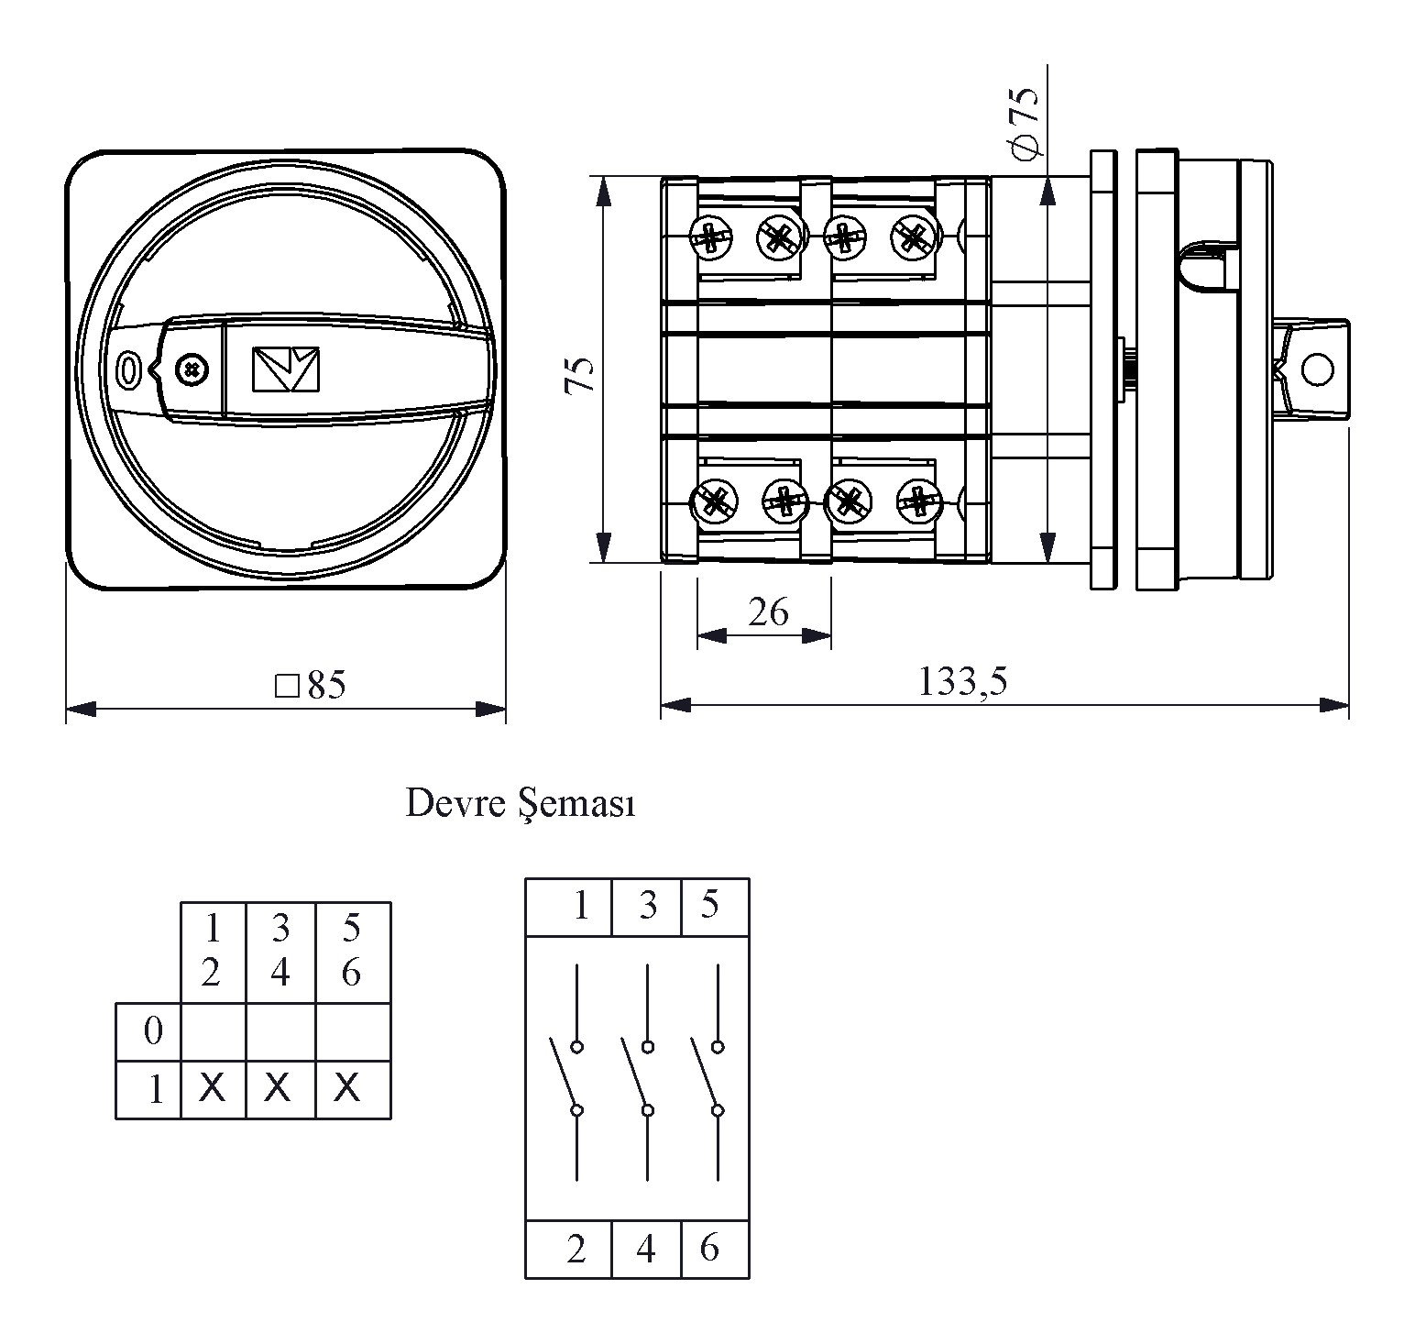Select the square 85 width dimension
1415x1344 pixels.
click(x=311, y=685)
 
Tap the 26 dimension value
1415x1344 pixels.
click(x=768, y=611)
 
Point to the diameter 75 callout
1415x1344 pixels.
click(x=1024, y=121)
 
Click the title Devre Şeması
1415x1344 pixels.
click(x=521, y=804)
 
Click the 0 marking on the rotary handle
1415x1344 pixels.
click(x=127, y=370)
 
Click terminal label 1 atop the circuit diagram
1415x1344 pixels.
click(x=580, y=906)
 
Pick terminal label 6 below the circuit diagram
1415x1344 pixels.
click(x=709, y=1248)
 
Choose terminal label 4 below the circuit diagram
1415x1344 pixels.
click(x=646, y=1249)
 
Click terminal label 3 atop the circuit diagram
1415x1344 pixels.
click(x=648, y=906)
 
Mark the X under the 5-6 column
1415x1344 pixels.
click(x=347, y=1088)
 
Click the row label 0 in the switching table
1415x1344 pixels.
click(x=153, y=1031)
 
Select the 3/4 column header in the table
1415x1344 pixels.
click(x=280, y=951)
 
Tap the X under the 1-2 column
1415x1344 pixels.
click(x=212, y=1088)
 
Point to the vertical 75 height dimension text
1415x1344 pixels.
click(x=580, y=375)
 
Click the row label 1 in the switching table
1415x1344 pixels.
click(x=156, y=1090)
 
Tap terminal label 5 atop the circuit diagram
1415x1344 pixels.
click(x=710, y=905)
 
